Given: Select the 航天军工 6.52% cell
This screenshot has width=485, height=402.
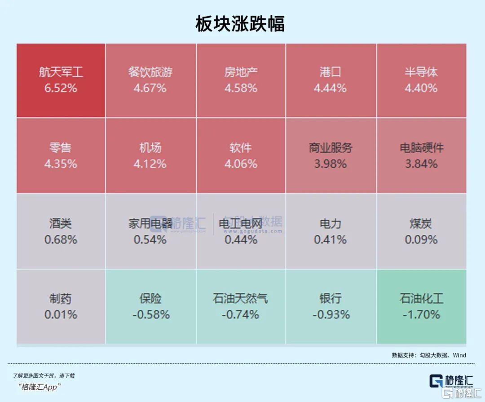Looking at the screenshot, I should (x=61, y=80).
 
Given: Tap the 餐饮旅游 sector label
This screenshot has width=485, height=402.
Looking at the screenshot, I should (x=150, y=72).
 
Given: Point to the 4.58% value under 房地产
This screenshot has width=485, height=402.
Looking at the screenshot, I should (x=241, y=88).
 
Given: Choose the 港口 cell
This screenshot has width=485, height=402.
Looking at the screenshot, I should (x=331, y=80).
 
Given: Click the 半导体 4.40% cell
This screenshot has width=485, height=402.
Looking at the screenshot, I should (x=421, y=80).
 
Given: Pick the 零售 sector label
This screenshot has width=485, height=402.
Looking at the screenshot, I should (x=61, y=148).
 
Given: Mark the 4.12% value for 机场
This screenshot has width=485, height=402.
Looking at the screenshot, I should (x=150, y=164).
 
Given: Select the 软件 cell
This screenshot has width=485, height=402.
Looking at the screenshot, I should (x=241, y=156).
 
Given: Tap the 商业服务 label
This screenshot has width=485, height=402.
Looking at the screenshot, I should (x=331, y=148).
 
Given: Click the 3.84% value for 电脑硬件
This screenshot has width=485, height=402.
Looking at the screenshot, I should (x=421, y=164).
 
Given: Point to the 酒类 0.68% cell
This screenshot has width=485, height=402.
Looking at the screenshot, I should (x=61, y=231).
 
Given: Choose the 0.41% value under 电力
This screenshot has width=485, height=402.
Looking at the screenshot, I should (x=331, y=240).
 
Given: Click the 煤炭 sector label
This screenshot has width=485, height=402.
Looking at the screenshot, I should (x=421, y=223).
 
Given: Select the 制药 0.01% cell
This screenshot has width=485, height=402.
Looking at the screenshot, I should (x=61, y=306).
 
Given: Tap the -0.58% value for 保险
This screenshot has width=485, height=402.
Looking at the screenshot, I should (x=151, y=315).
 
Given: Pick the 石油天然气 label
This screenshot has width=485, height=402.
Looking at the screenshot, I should (x=240, y=298).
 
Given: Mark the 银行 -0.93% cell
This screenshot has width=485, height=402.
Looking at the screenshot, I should (x=331, y=306).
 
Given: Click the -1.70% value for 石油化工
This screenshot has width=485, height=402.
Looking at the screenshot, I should (x=421, y=315).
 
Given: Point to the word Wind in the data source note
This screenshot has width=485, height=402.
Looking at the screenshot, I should (x=459, y=355).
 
